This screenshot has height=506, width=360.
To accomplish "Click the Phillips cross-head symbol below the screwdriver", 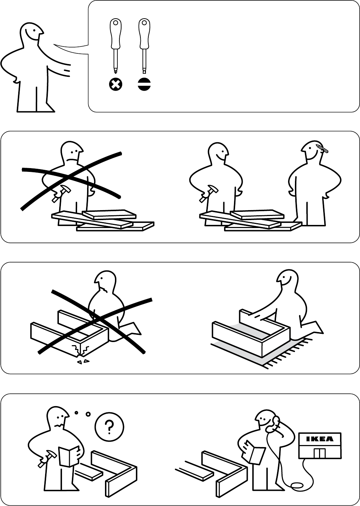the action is pos(116,84).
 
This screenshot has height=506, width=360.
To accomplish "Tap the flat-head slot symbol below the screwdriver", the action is pos(144,84).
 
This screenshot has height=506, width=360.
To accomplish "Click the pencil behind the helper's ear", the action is pos(322,148).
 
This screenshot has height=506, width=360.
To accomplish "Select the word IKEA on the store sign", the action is pos(320,439).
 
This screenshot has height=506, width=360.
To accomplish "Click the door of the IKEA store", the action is pos(320,453).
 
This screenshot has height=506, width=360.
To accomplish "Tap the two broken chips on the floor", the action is pos(83,362).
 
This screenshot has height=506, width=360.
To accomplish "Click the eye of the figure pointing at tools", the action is pos(34,30).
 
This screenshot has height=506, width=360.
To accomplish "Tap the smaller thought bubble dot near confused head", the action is pos(76,412).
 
